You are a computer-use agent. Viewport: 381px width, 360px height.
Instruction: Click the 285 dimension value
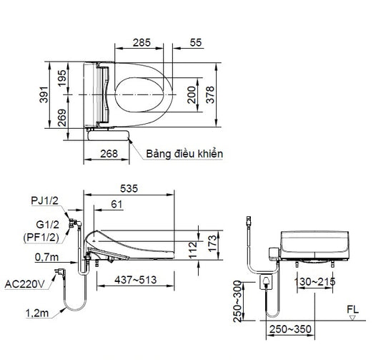click(x=142, y=42)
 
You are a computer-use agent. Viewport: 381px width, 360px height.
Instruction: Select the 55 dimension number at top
click(x=196, y=42)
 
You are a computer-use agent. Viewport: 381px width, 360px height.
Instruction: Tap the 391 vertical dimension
click(x=44, y=94)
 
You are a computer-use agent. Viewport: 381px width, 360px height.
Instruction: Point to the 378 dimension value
click(x=210, y=94)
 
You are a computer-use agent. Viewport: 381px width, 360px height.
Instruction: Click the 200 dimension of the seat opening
click(x=192, y=94)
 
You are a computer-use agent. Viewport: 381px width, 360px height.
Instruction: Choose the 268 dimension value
click(x=109, y=154)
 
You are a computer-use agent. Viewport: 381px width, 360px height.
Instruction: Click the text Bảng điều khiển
click(x=184, y=154)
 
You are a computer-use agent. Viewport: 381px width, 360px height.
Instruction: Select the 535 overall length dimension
click(x=129, y=188)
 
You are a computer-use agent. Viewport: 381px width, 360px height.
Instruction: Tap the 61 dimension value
click(x=117, y=204)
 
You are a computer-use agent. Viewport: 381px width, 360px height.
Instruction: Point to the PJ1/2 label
click(x=45, y=200)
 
